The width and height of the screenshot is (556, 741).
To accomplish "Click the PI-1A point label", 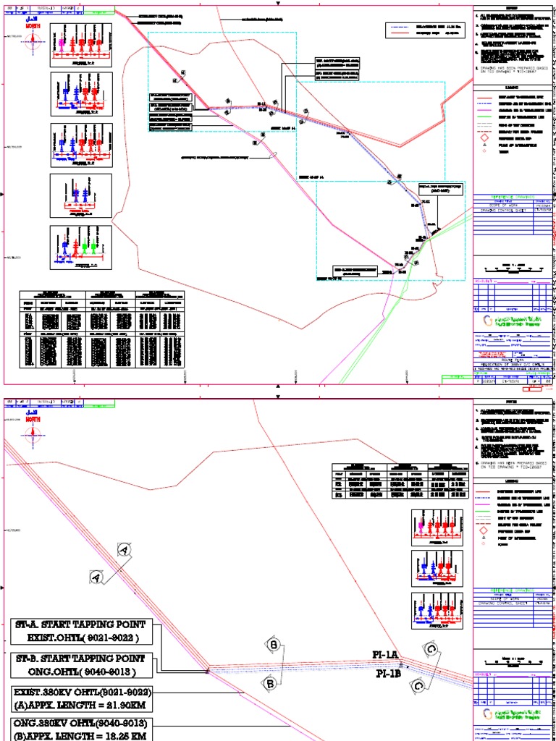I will tap(385, 655).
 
